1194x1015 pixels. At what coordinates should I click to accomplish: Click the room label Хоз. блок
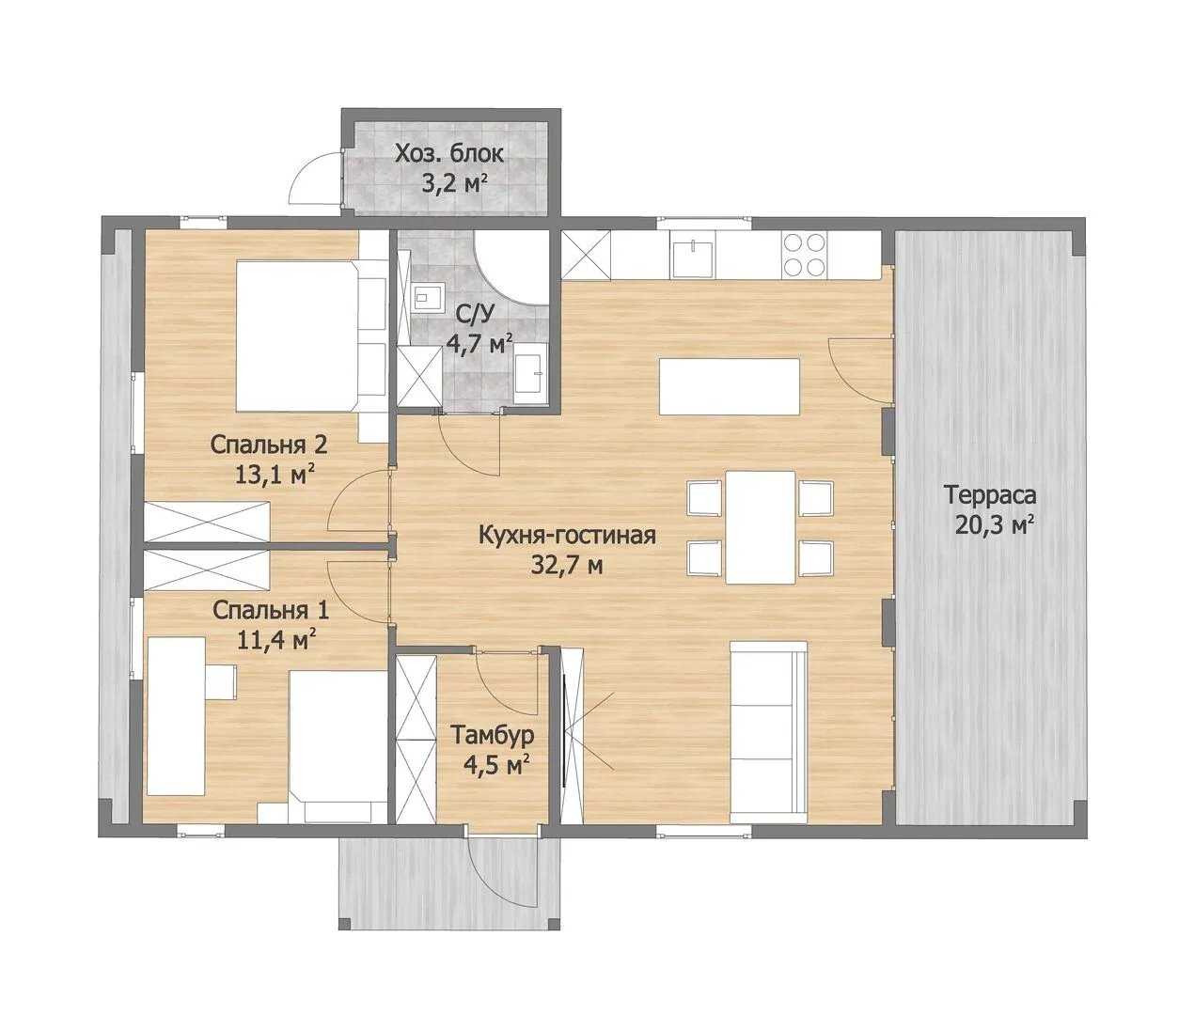pyautogui.click(x=448, y=154)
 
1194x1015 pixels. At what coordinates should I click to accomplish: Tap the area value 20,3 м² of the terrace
pyautogui.click(x=994, y=525)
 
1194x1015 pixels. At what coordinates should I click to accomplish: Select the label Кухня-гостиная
pyautogui.click(x=567, y=535)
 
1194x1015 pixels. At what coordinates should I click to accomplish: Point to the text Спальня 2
pyautogui.click(x=269, y=445)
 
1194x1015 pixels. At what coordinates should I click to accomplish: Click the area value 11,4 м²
pyautogui.click(x=276, y=640)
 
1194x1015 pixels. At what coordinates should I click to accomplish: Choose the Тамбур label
pyautogui.click(x=492, y=736)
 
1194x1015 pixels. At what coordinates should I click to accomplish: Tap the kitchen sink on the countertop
pyautogui.click(x=693, y=254)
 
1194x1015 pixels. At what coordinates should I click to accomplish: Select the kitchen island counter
pyautogui.click(x=730, y=386)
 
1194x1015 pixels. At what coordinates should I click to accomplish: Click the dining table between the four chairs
pyautogui.click(x=761, y=527)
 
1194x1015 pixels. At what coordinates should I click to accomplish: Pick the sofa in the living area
pyautogui.click(x=768, y=732)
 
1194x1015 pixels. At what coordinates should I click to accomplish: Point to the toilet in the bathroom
pyautogui.click(x=427, y=297)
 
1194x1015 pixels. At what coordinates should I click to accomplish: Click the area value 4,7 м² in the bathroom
pyautogui.click(x=479, y=345)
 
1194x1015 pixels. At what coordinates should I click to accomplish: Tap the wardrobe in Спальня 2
pyautogui.click(x=207, y=523)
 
